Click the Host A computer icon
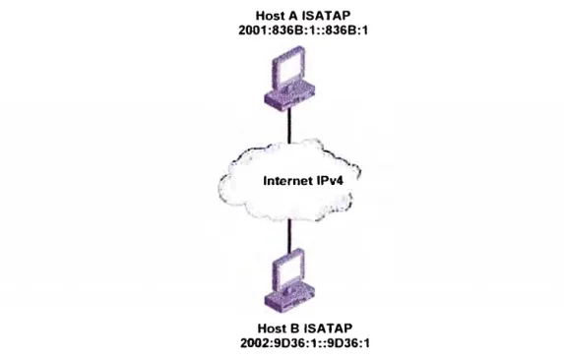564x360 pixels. click(x=289, y=78)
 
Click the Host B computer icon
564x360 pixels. click(x=289, y=280)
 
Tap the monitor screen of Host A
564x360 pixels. click(x=289, y=69)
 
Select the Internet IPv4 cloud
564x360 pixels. click(x=289, y=180)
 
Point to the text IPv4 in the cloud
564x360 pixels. click(x=330, y=180)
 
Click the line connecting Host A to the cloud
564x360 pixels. click(x=289, y=125)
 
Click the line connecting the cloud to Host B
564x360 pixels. click(x=289, y=235)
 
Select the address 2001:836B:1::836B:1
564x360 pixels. click(x=303, y=30)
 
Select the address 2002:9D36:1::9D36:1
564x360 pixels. click(x=305, y=343)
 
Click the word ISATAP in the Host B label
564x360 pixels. click(x=329, y=329)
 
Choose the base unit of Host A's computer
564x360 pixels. click(x=289, y=97)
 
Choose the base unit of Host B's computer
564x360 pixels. click(x=289, y=300)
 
